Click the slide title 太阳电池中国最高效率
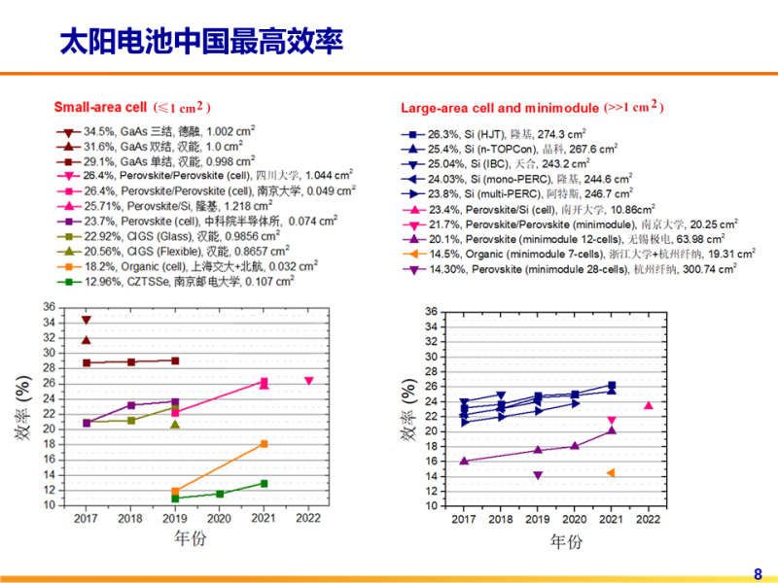click(200, 42)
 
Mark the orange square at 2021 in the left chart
click(264, 444)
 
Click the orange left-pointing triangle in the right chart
click(611, 473)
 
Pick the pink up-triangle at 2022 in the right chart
click(649, 405)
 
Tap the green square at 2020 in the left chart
click(220, 494)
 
